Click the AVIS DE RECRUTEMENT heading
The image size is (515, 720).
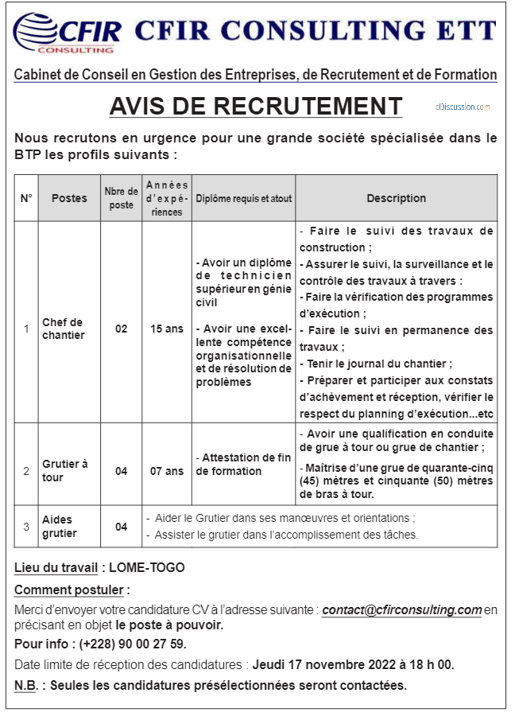pyautogui.click(x=256, y=106)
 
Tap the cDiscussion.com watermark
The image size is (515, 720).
pyautogui.click(x=463, y=107)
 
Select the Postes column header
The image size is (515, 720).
pyautogui.click(x=69, y=198)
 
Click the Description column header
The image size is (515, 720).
pyautogui.click(x=396, y=198)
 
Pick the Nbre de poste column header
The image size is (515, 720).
pyautogui.click(x=121, y=198)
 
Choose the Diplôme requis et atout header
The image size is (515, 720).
pyautogui.click(x=244, y=198)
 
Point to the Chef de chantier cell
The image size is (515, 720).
pyautogui.click(x=64, y=329)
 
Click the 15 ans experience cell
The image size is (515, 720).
pyautogui.click(x=167, y=329)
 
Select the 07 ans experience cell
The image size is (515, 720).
pyautogui.click(x=167, y=471)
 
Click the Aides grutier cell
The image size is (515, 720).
pyautogui.click(x=60, y=527)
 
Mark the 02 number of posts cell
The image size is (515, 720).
pyautogui.click(x=121, y=329)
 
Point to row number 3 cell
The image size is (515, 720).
pyautogui.click(x=26, y=527)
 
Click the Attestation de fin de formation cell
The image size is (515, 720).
pyautogui.click(x=244, y=465)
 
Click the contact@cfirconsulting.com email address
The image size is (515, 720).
pyautogui.click(x=402, y=610)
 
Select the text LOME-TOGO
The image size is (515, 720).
pyautogui.click(x=146, y=568)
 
